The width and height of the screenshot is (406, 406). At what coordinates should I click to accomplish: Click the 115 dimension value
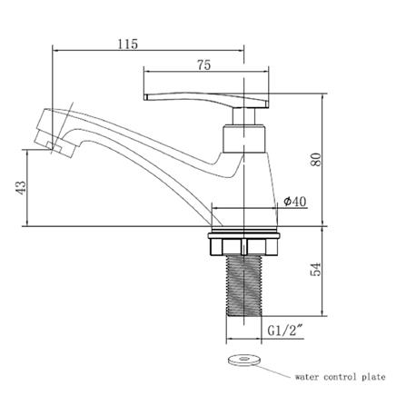click(127, 45)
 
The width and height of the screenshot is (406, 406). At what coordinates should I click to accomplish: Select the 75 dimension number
click(203, 65)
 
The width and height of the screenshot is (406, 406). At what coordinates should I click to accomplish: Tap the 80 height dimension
click(316, 160)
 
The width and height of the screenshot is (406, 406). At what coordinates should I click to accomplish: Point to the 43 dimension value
click(21, 188)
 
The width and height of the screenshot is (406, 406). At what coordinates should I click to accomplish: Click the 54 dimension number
click(316, 270)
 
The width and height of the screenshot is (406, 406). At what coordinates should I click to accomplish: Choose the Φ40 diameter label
click(295, 202)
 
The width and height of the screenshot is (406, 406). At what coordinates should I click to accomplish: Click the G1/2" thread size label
click(285, 331)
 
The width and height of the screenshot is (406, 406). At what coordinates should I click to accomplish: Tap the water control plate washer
click(243, 360)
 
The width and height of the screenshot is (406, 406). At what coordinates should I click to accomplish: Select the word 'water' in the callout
click(307, 378)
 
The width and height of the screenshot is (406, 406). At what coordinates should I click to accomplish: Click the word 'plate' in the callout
click(373, 377)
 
